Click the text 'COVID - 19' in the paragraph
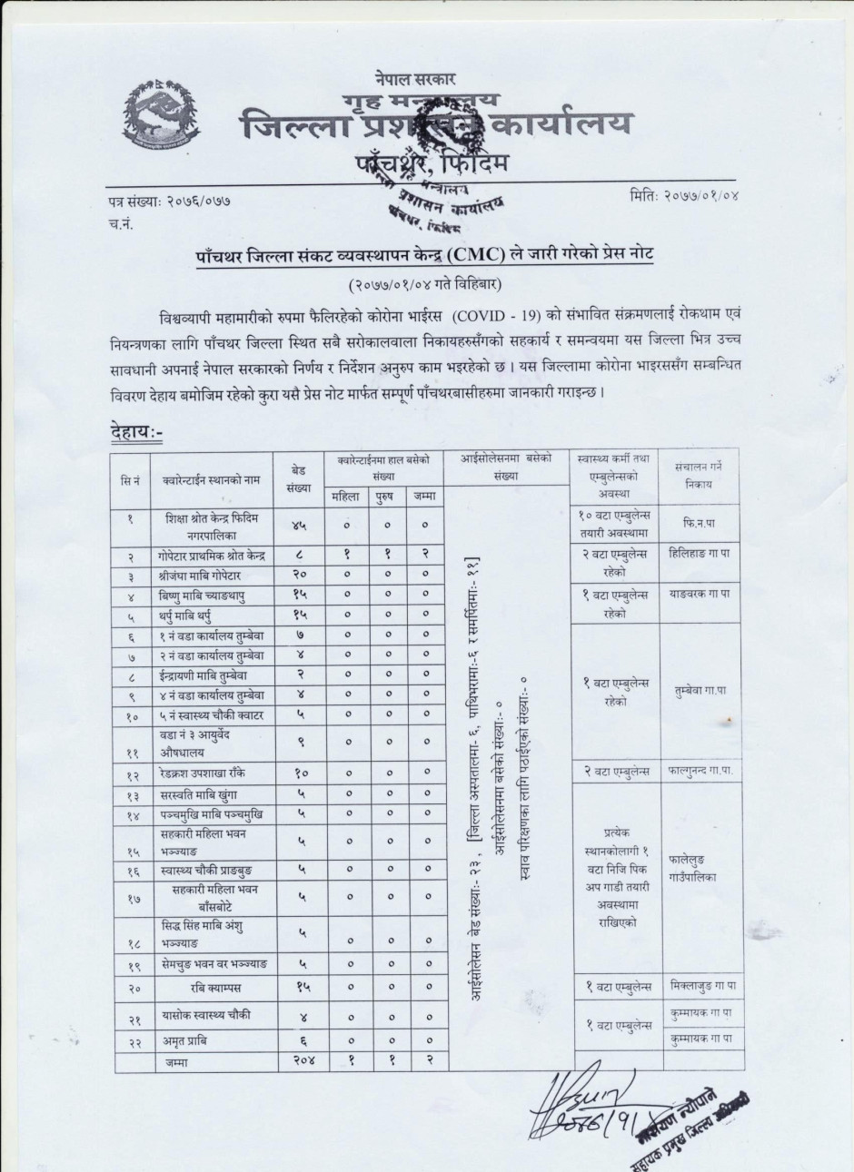491,315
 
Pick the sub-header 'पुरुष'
386,496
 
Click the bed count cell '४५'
299,526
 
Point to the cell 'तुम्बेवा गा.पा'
701,690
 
